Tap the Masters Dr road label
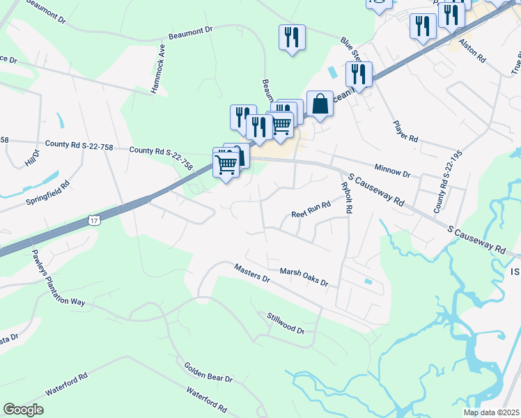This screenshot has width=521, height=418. [x=251, y=272]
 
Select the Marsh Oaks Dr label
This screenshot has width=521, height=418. [x=304, y=277]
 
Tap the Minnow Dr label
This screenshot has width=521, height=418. [x=392, y=169]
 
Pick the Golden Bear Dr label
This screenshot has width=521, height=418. [x=208, y=372]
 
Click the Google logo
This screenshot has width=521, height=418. [x=23, y=410]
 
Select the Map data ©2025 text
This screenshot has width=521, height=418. [x=490, y=412]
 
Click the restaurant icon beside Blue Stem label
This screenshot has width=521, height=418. [x=359, y=74]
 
